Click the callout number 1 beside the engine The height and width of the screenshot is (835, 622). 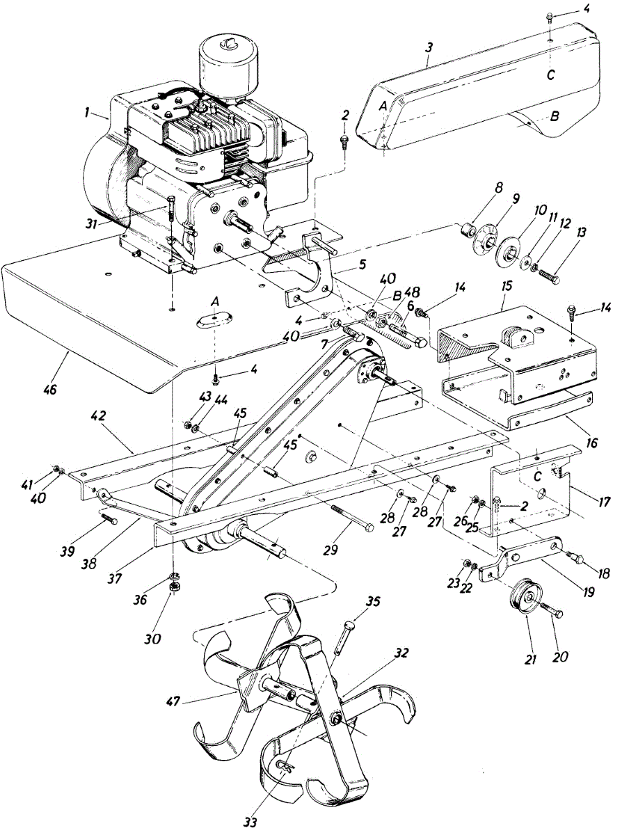[x=87, y=113]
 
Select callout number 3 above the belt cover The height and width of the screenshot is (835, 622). [x=429, y=49]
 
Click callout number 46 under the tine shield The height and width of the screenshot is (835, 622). [x=50, y=388]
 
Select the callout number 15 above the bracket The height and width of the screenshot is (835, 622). [x=507, y=286]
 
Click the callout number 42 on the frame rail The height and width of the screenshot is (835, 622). [x=98, y=416]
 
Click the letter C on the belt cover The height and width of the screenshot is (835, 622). [x=550, y=74]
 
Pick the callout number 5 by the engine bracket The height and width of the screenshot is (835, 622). [x=362, y=264]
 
